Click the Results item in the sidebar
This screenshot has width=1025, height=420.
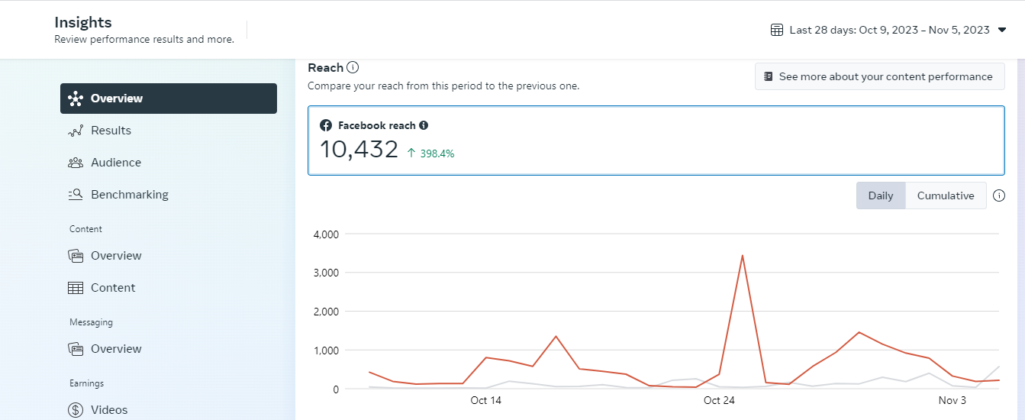point(110,131)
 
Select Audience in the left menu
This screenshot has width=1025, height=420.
point(114,163)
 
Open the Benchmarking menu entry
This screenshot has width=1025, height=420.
point(128,195)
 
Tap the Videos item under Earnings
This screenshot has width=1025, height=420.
point(108,410)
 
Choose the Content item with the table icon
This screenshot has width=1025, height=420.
point(112,288)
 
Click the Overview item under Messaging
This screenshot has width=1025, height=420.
point(115,349)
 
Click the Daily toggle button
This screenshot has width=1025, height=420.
point(880,195)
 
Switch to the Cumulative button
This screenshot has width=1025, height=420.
point(945,195)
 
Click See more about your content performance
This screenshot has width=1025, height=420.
point(879,76)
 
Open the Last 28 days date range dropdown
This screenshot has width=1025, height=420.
point(888,30)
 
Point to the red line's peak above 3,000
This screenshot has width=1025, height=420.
point(742,256)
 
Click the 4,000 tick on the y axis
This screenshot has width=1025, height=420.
point(326,234)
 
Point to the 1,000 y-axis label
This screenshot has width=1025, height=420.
point(326,351)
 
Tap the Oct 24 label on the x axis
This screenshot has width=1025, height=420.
point(718,400)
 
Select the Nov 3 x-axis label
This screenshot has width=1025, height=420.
point(952,400)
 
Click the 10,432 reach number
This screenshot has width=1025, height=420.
point(359,150)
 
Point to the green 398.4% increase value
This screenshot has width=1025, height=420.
point(436,153)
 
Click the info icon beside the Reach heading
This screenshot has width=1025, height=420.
point(353,68)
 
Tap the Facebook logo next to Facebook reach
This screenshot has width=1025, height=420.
point(326,125)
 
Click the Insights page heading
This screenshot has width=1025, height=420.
point(83,23)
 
